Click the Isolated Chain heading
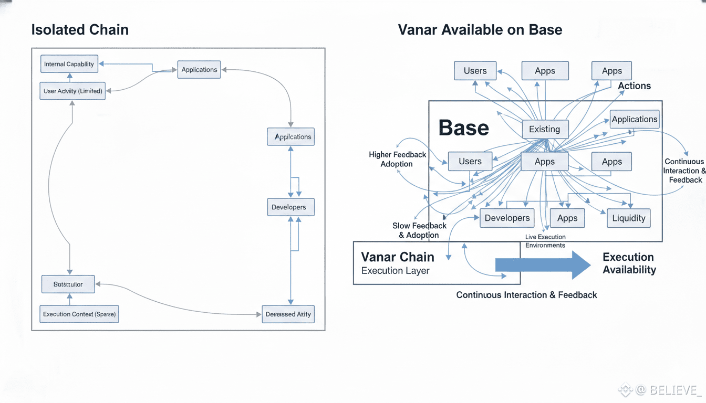80,29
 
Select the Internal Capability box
69,64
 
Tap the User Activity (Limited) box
72,91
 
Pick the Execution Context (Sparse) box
79,314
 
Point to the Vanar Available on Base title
480,29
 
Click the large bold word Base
463,128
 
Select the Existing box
545,129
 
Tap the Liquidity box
629,218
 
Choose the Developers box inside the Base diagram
507,218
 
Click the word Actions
634,86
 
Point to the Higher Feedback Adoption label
397,159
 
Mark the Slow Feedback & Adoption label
419,230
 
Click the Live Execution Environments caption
545,241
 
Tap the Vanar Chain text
398,257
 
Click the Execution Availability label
629,263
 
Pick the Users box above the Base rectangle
475,71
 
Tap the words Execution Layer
395,271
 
